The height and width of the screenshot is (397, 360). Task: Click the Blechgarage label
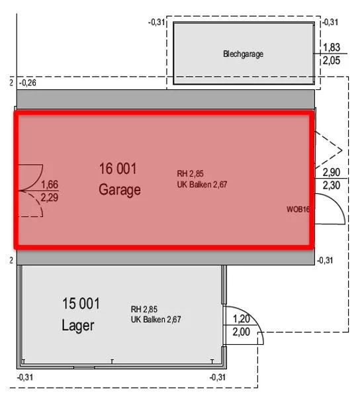click(243, 54)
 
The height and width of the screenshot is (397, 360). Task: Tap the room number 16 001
click(118, 169)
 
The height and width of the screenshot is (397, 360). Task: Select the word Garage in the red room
click(120, 190)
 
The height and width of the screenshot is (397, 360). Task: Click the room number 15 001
click(81, 304)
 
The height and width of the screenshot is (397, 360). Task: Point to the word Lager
click(78, 326)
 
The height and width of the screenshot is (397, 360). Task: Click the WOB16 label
click(298, 209)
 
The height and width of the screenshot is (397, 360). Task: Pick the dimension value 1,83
click(332, 48)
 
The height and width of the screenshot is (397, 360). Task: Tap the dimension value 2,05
click(332, 60)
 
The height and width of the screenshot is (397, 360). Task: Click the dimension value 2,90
click(332, 173)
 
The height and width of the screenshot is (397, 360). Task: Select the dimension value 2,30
click(332, 185)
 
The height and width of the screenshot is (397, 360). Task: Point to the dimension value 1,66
click(50, 185)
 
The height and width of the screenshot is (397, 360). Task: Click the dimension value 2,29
click(50, 197)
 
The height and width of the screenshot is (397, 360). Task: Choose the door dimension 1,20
click(242, 319)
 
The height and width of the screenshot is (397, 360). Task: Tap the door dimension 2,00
click(242, 332)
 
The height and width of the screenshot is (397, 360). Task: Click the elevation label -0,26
click(28, 83)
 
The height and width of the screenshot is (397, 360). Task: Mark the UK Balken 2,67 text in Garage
click(202, 185)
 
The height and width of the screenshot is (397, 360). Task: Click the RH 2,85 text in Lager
click(144, 309)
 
